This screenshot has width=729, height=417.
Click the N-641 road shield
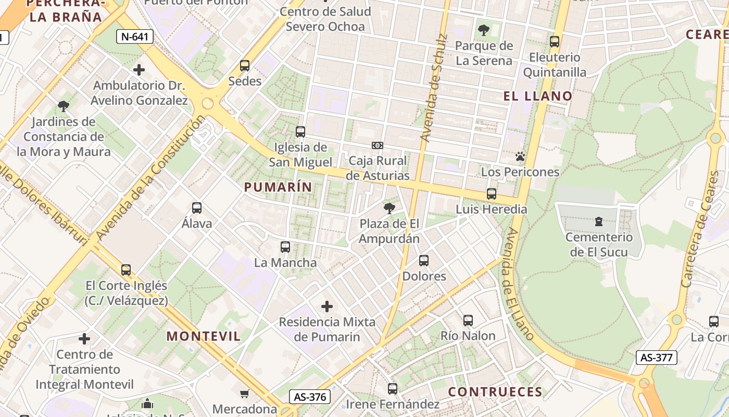tap(135, 36)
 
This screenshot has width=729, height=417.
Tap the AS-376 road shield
tap(310, 397)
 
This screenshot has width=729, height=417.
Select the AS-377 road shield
tap(656, 358)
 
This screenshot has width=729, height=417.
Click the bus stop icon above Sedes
tap(245, 66)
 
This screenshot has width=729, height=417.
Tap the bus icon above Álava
tap(197, 208)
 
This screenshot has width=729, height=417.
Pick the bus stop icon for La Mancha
tap(285, 247)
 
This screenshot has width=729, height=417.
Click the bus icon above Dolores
tap(424, 261)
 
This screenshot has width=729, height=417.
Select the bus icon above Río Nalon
tap(468, 321)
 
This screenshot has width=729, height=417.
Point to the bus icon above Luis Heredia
tap(492, 194)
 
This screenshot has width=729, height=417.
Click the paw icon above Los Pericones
tap(520, 156)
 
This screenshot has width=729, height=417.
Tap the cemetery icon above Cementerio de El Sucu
tap(599, 222)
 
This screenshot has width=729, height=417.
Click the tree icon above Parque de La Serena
tap(484, 30)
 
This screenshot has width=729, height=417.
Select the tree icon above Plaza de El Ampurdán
tap(389, 208)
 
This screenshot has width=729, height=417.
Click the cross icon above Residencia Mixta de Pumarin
tap(327, 306)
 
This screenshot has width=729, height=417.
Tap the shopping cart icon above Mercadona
tap(245, 393)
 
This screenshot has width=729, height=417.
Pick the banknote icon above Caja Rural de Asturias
tap(378, 145)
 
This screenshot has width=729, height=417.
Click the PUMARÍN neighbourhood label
tap(278, 187)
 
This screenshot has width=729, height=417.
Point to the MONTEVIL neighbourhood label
tap(204, 336)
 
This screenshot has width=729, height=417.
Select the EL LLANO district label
tap(538, 96)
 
